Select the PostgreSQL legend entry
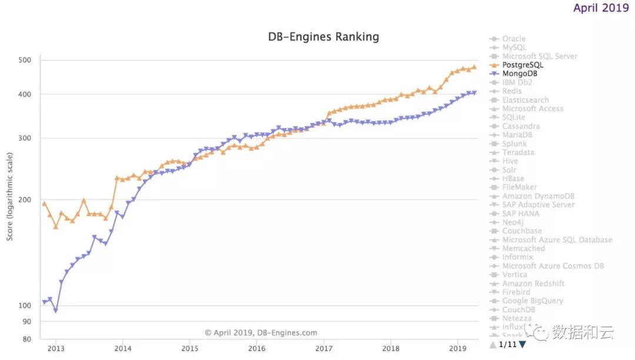point(523,65)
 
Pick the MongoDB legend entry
point(519,74)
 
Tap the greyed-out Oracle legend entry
point(513,39)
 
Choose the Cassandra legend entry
point(520,126)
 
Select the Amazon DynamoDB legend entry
point(538,196)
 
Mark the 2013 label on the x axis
point(56,348)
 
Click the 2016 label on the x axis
point(256,348)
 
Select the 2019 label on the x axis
point(457,348)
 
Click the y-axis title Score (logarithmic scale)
point(10,200)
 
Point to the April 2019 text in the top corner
point(601,8)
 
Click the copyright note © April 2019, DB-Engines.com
point(261,332)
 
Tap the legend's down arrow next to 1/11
point(522,345)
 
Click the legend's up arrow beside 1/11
point(493,345)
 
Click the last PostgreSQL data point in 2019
point(474,68)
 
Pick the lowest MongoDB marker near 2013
point(56,311)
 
